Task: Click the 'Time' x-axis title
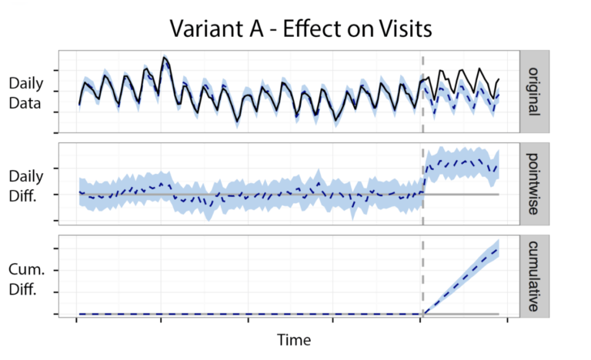coord(295,339)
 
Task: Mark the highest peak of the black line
coord(164,57)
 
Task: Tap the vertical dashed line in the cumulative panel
coord(422,277)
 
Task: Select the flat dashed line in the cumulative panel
coord(246,314)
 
